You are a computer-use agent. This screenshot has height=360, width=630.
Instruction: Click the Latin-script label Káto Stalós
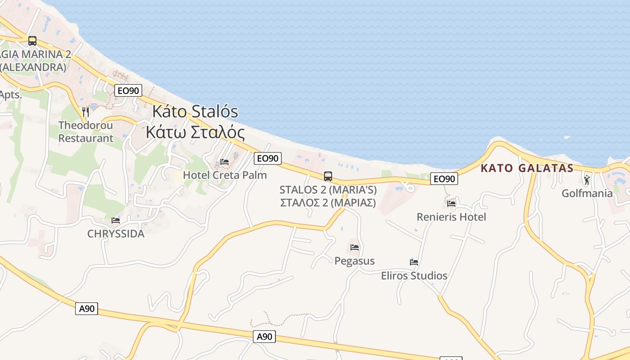(x=195, y=112)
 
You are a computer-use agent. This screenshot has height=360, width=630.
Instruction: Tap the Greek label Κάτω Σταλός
(x=195, y=133)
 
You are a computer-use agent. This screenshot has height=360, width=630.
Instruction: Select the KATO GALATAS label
(x=527, y=168)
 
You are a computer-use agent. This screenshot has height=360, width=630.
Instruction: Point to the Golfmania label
(x=587, y=193)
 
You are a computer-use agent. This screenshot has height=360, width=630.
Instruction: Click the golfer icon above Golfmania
(x=587, y=180)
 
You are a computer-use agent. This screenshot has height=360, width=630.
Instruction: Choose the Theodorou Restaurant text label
(x=85, y=132)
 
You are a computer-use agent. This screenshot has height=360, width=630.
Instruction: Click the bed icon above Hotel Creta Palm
(x=225, y=162)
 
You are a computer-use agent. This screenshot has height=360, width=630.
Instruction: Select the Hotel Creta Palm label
(x=225, y=175)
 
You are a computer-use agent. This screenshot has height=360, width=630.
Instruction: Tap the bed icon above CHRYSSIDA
(x=116, y=220)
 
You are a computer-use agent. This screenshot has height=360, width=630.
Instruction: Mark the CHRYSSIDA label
(x=116, y=234)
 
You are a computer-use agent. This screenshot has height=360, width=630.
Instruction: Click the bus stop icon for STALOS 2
(x=328, y=176)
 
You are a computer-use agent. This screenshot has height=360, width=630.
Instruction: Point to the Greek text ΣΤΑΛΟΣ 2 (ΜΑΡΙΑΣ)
(x=328, y=202)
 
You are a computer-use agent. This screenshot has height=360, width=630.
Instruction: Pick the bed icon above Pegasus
(x=355, y=247)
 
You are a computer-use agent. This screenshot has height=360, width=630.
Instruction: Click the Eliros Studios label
(x=414, y=275)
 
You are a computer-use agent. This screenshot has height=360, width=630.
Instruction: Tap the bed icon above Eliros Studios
(x=414, y=262)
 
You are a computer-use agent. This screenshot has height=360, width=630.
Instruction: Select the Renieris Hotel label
(x=451, y=217)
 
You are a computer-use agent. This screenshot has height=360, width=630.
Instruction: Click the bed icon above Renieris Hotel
(x=451, y=203)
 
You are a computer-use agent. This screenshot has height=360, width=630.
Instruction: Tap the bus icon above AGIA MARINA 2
(x=32, y=41)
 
